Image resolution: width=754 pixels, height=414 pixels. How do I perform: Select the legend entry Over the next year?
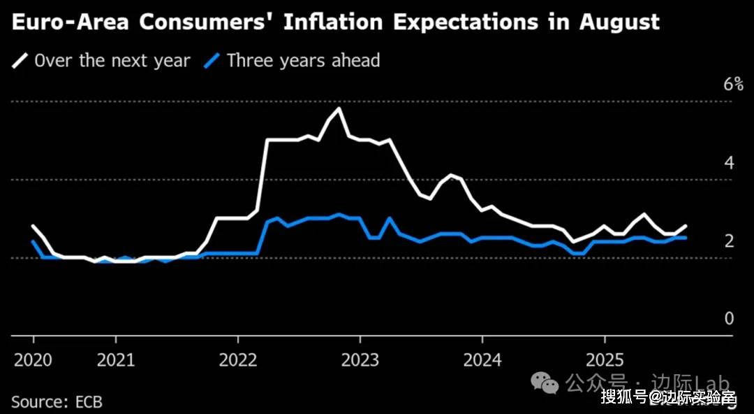(112, 61)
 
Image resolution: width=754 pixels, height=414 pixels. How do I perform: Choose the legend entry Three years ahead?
(303, 61)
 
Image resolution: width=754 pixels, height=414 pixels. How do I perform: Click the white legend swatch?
(20, 62)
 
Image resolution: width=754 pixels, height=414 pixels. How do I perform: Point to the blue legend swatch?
(212, 62)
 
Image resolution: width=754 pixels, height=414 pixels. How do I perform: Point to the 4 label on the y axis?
(730, 164)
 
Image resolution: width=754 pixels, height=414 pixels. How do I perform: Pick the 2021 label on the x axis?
(115, 360)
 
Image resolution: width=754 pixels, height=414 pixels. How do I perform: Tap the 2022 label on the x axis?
(238, 360)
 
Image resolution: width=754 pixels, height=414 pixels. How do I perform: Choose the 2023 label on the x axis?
(360, 360)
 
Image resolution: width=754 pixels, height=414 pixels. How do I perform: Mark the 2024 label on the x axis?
(482, 360)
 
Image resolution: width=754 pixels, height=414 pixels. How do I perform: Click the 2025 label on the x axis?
(605, 360)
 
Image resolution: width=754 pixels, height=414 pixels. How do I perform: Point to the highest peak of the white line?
(339, 108)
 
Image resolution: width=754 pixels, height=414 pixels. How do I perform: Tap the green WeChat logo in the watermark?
(545, 383)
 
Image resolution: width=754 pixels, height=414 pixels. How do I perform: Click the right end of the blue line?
(686, 238)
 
